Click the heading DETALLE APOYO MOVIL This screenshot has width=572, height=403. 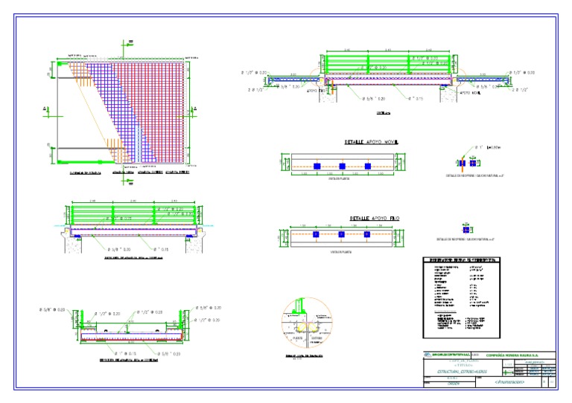[x=371, y=141]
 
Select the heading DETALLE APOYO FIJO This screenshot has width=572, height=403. [x=375, y=219]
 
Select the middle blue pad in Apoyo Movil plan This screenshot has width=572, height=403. [x=342, y=165]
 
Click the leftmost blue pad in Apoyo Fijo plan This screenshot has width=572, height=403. [x=316, y=234]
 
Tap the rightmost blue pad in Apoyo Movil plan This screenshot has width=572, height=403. [x=367, y=165]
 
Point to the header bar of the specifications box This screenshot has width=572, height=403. [x=460, y=260]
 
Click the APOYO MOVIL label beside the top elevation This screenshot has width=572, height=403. [x=470, y=94]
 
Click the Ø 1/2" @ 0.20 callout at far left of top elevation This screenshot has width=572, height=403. [x=255, y=72]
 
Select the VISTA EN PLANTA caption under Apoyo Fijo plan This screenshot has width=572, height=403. [x=340, y=253]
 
